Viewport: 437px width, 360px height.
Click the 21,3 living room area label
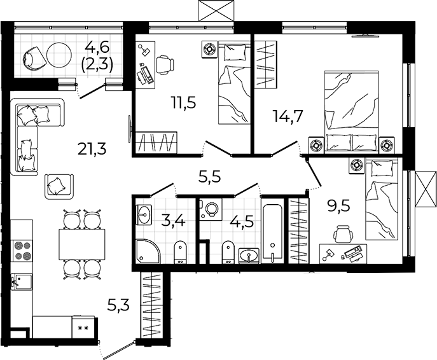click(92, 149)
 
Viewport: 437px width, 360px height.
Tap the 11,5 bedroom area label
click(184, 102)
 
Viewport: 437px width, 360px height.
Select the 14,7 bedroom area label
click(288, 116)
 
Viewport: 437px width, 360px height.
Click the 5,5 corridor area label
click(209, 176)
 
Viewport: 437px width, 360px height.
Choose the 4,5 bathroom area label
click(242, 221)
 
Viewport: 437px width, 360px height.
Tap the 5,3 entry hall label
click(119, 305)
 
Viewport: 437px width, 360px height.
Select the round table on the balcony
click(59, 55)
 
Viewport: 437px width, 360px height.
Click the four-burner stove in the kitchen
click(22, 251)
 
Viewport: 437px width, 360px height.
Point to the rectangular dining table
click(82, 244)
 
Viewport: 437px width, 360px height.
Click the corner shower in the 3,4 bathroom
click(148, 251)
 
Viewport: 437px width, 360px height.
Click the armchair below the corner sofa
click(59, 186)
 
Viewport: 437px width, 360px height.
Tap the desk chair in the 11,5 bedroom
click(165, 64)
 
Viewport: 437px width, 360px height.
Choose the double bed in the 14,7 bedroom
click(352, 112)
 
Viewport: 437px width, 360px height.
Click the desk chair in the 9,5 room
click(343, 233)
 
